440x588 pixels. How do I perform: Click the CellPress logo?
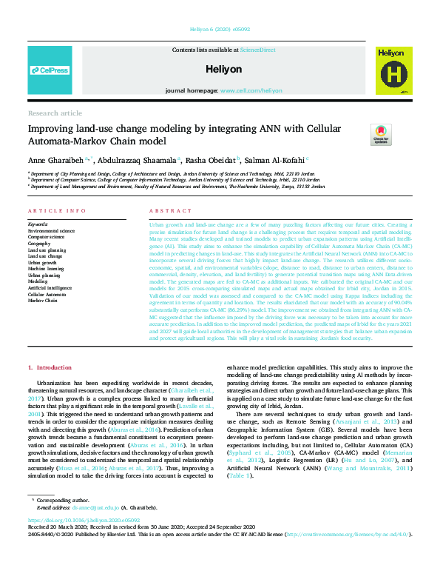[50, 70]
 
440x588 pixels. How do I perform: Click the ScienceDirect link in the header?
[257, 49]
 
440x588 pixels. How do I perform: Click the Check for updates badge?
[360, 136]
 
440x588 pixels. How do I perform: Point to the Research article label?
[55, 113]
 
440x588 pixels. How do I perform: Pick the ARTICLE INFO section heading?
[56, 211]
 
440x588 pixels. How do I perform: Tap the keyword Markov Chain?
[43, 301]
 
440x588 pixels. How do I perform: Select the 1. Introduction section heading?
[50, 367]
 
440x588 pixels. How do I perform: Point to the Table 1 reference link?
[240, 475]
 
